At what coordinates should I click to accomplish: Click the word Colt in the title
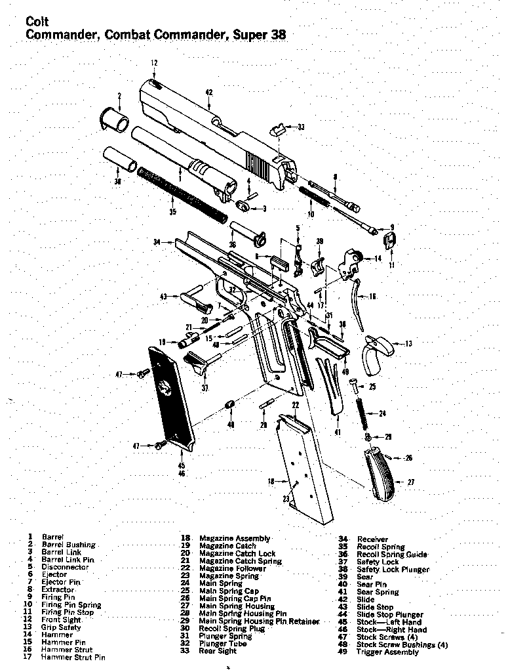tap(37, 22)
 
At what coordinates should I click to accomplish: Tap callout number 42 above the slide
tap(209, 93)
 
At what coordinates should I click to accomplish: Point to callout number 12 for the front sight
tap(155, 63)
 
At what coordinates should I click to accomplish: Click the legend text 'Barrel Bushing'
tap(69, 545)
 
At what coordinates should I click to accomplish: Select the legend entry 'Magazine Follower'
tap(232, 569)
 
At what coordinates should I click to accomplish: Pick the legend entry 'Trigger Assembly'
tap(387, 652)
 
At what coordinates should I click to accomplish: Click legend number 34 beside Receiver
tap(343, 539)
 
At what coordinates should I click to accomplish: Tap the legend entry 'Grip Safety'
tap(61, 627)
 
